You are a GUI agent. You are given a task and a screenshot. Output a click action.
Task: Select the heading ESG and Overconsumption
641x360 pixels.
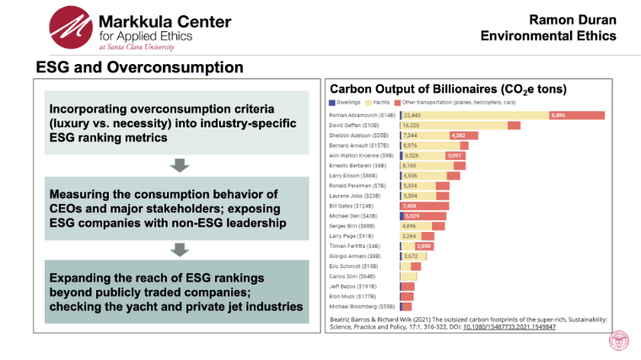[139, 67]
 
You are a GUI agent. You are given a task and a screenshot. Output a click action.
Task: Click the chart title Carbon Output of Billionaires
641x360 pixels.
[447, 89]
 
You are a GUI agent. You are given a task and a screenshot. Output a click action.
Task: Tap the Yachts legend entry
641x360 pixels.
[382, 102]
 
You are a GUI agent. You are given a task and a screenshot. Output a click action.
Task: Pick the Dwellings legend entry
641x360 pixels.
[347, 102]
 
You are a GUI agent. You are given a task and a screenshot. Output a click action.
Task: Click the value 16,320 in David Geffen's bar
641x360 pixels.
[412, 125]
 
